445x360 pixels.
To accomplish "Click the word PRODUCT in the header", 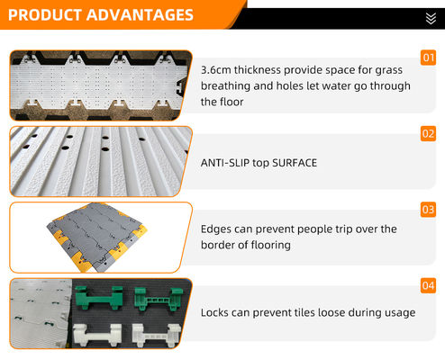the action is (x=45, y=15).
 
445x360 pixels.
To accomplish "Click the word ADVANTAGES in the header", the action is (x=140, y=15).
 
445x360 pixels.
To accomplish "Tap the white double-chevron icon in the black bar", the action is (x=431, y=19).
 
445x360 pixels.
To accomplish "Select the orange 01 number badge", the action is (x=428, y=58).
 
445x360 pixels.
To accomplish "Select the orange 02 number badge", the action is (x=428, y=133).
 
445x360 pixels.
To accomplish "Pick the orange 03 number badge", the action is (x=428, y=210).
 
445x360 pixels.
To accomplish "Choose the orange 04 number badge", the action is (x=428, y=285).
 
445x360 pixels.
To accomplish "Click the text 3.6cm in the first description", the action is (x=216, y=70).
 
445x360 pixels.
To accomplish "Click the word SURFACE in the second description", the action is (x=295, y=163).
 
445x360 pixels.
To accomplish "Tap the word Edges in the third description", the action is (x=216, y=229).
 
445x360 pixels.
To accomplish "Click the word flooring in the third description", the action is (x=271, y=246).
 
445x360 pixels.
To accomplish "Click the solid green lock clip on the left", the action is (x=99, y=298).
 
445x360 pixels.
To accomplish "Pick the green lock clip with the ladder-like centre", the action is (x=159, y=299).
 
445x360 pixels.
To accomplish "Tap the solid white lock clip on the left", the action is (x=97, y=336).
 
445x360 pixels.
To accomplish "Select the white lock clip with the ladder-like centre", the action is (x=157, y=335).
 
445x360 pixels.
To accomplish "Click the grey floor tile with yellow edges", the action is (x=96, y=237).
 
